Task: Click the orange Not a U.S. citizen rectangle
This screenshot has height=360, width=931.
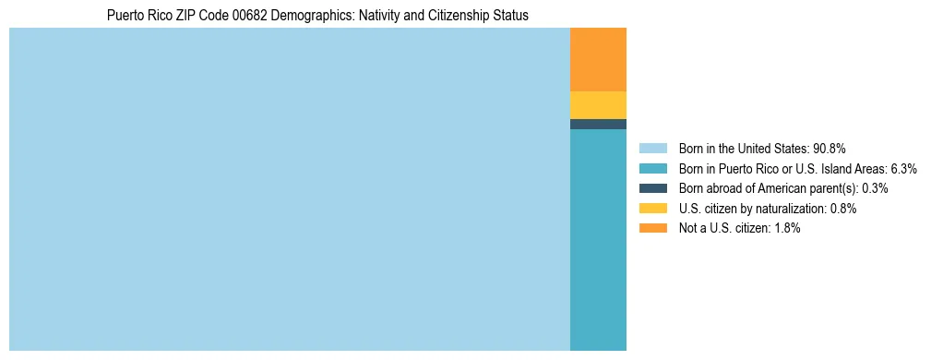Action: [598, 59]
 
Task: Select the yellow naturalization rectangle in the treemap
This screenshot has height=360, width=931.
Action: [598, 105]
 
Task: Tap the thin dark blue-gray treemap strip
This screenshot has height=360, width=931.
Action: [598, 124]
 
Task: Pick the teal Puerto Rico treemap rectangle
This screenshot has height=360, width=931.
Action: [598, 239]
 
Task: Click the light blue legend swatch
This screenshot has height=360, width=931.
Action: [652, 149]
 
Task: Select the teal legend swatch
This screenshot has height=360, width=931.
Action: [652, 169]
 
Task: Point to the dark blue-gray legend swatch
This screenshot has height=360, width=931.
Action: [652, 188]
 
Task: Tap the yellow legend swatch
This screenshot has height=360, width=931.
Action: [652, 209]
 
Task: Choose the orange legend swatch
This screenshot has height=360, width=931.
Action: [652, 228]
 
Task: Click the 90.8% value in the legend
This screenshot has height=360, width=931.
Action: [830, 149]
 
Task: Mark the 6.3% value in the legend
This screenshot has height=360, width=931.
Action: [901, 169]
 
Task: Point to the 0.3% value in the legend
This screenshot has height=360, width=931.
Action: [875, 188]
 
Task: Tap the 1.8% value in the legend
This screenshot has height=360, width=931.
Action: [785, 228]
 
